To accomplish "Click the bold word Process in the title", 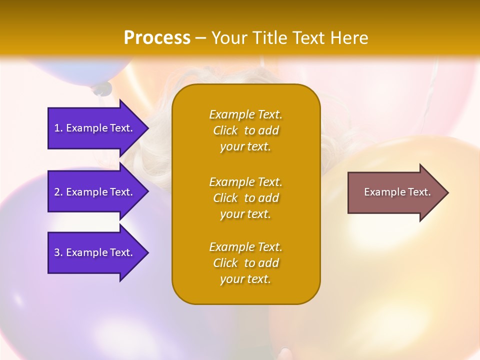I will (157, 38).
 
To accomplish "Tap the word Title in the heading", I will (267, 38).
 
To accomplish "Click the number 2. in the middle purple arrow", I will (58, 192).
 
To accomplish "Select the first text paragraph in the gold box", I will (245, 130).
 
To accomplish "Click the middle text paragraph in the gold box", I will (245, 198).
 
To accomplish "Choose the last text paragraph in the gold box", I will (245, 263).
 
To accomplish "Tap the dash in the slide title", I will (201, 38).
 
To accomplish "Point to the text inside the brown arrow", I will (397, 192).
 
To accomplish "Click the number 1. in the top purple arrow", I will (58, 128).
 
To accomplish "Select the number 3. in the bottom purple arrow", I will (58, 252).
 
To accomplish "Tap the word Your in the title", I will (230, 38).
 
